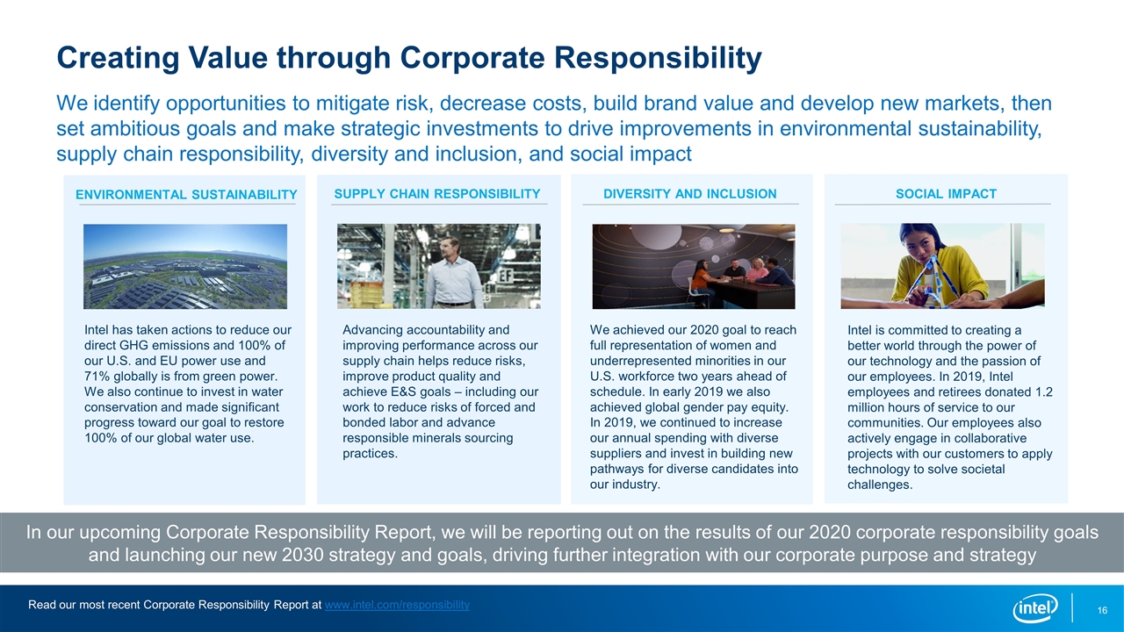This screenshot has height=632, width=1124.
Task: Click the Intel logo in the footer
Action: tap(1034, 608)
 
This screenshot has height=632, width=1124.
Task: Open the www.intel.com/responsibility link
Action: tap(397, 605)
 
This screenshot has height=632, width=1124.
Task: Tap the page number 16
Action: tap(1102, 610)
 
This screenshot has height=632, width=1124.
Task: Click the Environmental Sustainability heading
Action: tap(186, 195)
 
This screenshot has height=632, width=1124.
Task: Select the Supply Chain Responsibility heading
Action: tap(437, 194)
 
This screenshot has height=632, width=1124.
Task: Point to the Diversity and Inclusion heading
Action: tap(690, 194)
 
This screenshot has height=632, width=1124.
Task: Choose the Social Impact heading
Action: tap(946, 194)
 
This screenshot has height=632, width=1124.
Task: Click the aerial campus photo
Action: tap(185, 266)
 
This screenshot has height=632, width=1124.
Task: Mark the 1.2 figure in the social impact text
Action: tap(1044, 391)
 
